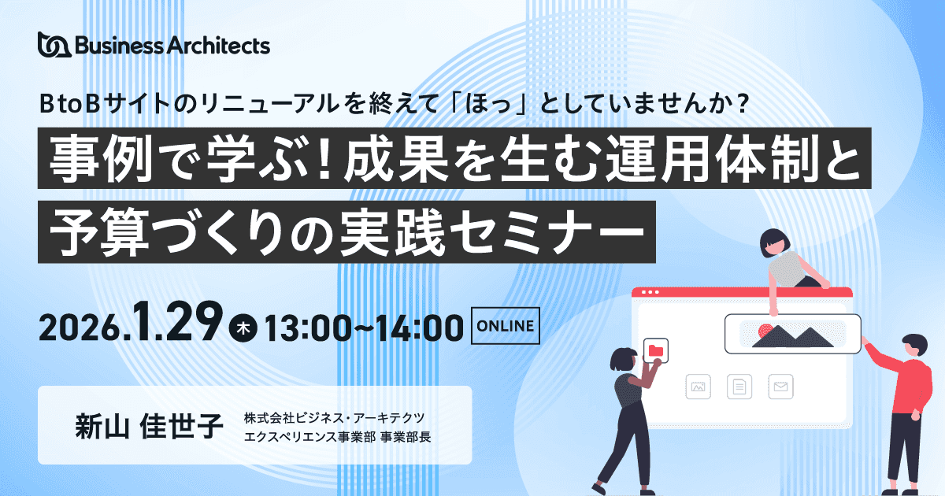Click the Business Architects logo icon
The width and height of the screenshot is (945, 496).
pos(54,44)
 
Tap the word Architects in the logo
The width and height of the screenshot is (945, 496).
pos(219,46)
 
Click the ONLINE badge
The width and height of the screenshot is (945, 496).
pos(505,326)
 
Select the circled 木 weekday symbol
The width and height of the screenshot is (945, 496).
pos(243,328)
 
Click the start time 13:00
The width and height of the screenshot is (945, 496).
pos(308,328)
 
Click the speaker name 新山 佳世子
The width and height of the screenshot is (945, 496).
pos(149,426)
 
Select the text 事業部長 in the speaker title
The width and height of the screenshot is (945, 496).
pos(406,437)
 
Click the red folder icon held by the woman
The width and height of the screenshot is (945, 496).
pos(655,350)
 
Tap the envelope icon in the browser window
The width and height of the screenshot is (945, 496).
pos(780,387)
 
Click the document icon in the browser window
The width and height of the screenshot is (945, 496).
pos(739,387)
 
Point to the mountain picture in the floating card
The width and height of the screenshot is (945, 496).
pos(792,335)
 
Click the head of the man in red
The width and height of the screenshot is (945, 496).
pos(915,346)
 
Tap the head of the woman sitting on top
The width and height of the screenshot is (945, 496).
pos(775,243)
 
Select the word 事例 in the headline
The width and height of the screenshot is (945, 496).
pos(101,158)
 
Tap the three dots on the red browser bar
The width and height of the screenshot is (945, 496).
pos(650,292)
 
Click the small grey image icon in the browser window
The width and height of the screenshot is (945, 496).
pos(698,387)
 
